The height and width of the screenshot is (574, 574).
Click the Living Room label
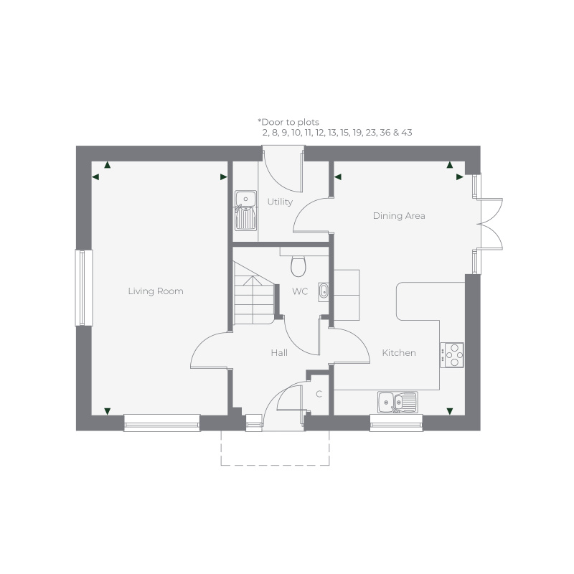pyautogui.click(x=156, y=291)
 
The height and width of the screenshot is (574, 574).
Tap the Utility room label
pyautogui.click(x=280, y=202)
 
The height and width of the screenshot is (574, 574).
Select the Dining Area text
pyautogui.click(x=399, y=215)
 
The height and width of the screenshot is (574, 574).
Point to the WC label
pyautogui.click(x=300, y=292)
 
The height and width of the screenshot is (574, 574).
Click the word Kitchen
pyautogui.click(x=399, y=353)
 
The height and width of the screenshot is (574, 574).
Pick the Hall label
pyautogui.click(x=279, y=353)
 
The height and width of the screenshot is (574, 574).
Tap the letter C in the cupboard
pyautogui.click(x=319, y=394)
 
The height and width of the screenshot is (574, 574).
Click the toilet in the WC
pyautogui.click(x=298, y=265)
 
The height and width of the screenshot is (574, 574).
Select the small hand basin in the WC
pyautogui.click(x=323, y=291)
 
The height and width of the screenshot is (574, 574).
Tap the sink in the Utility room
pyautogui.click(x=245, y=209)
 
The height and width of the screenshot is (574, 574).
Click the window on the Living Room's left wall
pyautogui.click(x=83, y=287)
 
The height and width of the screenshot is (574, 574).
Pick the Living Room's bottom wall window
pyautogui.click(x=161, y=422)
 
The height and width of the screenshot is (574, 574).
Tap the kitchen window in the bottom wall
pyautogui.click(x=397, y=422)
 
